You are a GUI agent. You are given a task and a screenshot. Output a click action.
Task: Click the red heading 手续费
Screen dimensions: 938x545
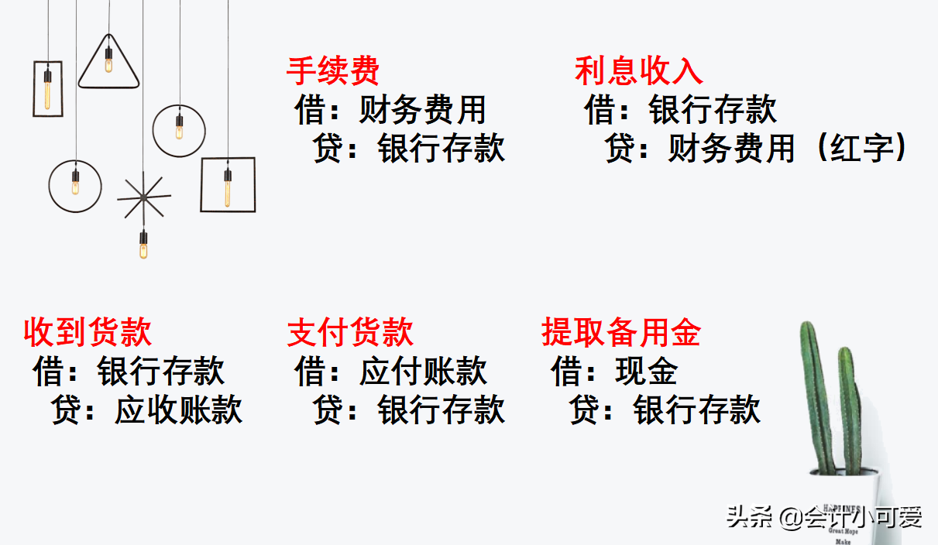[x=333, y=71]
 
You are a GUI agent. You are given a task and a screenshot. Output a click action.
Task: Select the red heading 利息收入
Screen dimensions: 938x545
[x=639, y=71]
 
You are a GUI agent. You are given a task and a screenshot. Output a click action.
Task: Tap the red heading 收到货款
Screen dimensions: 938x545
[x=88, y=333]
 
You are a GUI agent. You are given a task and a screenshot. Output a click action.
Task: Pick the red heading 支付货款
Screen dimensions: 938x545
[x=351, y=333]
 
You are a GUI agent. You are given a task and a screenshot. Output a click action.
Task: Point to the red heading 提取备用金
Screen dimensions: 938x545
[x=621, y=333]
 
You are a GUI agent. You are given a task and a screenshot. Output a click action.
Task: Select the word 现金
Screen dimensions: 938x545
[x=647, y=372]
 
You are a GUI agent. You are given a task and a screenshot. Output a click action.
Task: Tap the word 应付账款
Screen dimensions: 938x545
[x=423, y=372]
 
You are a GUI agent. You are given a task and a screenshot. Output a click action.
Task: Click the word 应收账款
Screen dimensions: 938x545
[x=179, y=410]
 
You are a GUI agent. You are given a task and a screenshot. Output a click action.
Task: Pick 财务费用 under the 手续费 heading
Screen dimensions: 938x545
[x=423, y=110]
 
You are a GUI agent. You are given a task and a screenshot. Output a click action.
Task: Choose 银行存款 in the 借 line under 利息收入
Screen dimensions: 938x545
[x=713, y=110]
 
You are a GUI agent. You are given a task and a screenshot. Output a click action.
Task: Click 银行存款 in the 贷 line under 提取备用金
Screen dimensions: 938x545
[x=697, y=410]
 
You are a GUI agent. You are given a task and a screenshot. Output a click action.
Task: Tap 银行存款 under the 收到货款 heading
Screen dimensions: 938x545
[x=161, y=372]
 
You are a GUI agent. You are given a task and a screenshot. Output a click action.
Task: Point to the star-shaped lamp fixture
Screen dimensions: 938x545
[x=144, y=198]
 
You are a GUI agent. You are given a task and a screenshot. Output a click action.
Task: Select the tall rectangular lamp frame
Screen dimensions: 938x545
[x=47, y=88]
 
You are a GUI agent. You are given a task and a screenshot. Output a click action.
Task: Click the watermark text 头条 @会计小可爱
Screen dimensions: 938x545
[x=824, y=517]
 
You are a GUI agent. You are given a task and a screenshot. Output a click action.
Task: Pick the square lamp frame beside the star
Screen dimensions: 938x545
[x=228, y=184]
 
